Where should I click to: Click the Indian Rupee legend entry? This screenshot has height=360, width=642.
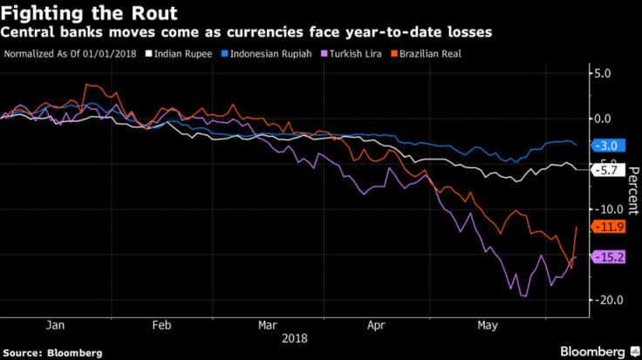176,54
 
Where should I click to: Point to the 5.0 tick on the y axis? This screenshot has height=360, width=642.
604,73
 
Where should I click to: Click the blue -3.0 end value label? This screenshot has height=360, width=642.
606,146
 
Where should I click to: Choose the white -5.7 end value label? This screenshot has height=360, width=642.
606,171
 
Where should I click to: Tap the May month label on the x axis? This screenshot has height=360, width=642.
486,324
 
